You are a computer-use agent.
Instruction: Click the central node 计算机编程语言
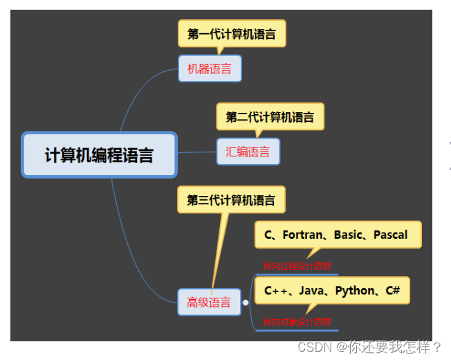coord(100,154)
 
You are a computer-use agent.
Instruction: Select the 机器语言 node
coord(210,69)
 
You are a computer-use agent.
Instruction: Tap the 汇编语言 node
coord(248,152)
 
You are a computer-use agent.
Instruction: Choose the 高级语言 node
coord(209,302)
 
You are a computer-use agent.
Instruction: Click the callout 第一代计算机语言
coord(232,34)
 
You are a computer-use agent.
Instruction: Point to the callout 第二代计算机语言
coord(270,117)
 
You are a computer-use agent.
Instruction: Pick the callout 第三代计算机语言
coord(231,200)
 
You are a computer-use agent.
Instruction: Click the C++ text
coord(275,290)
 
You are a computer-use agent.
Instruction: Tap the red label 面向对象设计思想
coord(297,322)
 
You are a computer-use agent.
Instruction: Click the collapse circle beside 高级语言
coord(246,302)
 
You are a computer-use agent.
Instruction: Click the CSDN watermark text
coord(315,346)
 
